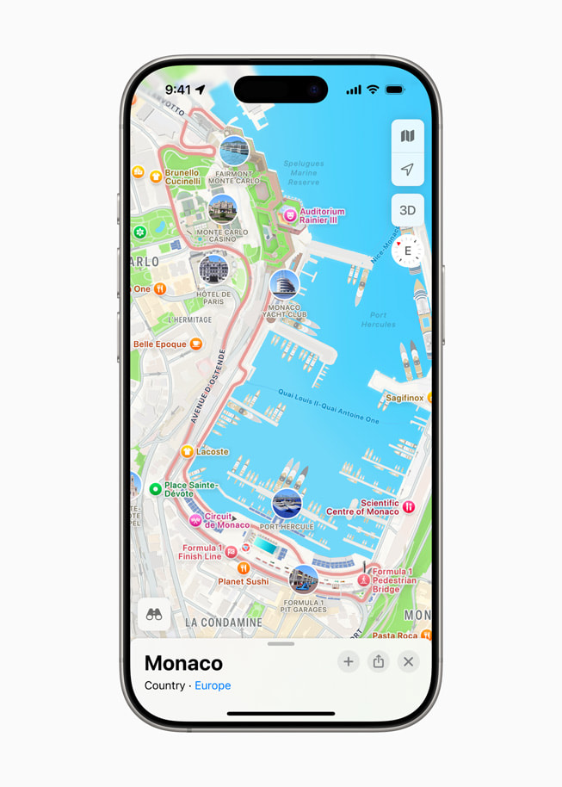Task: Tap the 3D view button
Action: click(x=407, y=210)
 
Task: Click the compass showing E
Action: click(x=407, y=251)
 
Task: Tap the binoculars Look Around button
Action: click(x=154, y=614)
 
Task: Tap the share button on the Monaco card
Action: click(x=379, y=661)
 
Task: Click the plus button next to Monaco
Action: click(x=349, y=661)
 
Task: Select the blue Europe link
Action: click(x=213, y=685)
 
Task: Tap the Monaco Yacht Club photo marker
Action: click(x=284, y=284)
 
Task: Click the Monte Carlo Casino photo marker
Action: click(x=223, y=209)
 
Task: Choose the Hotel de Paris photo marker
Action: click(x=213, y=270)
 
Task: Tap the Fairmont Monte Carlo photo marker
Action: click(x=234, y=152)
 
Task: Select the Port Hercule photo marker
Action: click(x=287, y=503)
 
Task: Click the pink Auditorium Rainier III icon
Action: click(x=291, y=215)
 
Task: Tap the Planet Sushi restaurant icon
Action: click(x=244, y=567)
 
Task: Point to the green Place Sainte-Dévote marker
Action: click(x=156, y=489)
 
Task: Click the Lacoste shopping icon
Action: click(x=187, y=451)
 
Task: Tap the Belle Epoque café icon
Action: click(x=196, y=344)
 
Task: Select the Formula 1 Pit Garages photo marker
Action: click(x=303, y=579)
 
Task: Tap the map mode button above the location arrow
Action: click(x=407, y=136)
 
